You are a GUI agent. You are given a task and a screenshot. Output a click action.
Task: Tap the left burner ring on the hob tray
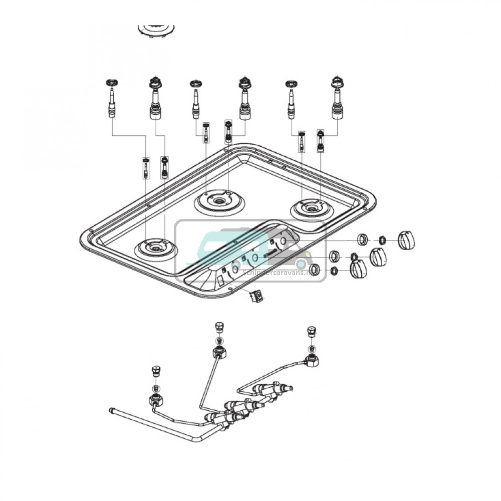click(x=156, y=248)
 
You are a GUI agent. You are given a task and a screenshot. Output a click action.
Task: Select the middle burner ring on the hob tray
click(x=219, y=201)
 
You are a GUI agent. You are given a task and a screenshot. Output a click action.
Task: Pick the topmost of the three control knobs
click(x=406, y=240)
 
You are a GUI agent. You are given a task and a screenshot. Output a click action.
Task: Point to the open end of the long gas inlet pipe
click(x=112, y=412)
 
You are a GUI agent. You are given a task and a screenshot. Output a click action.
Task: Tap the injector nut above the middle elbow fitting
click(x=218, y=327)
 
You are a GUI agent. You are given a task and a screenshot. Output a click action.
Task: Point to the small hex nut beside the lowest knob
click(x=333, y=272)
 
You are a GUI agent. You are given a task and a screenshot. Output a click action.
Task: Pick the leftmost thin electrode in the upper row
click(x=111, y=100)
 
